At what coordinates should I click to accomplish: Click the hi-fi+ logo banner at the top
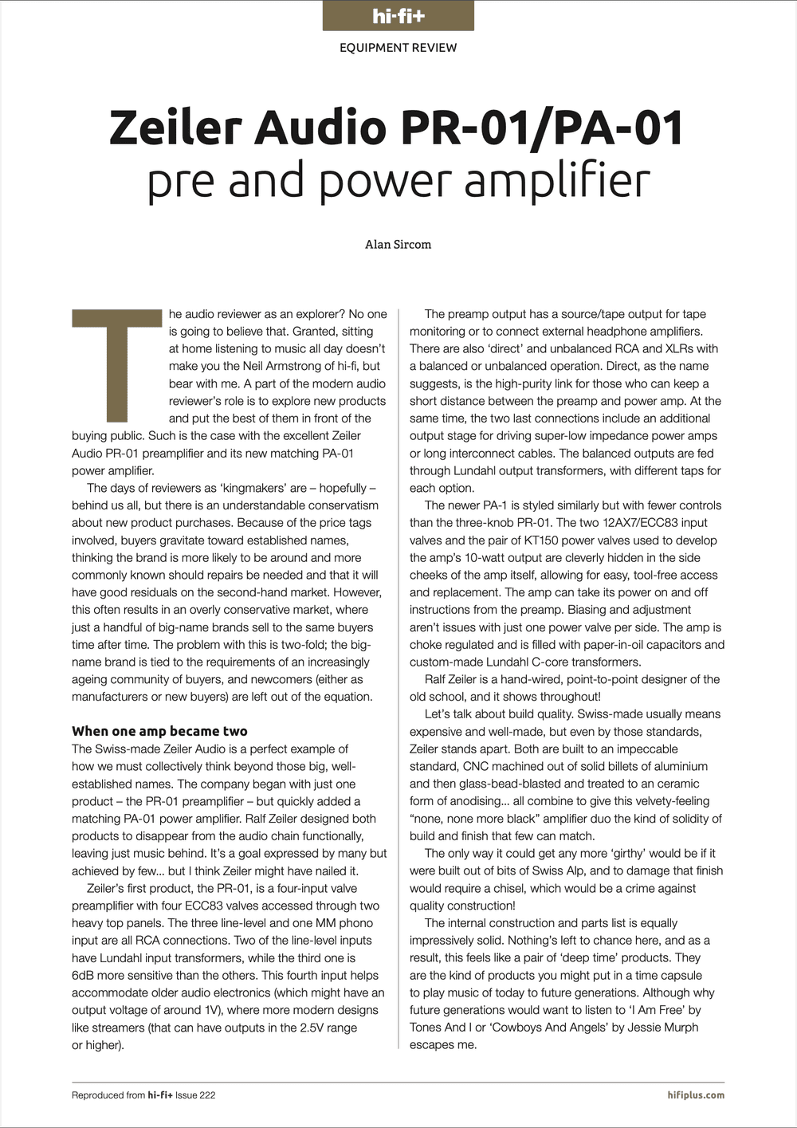coord(398,16)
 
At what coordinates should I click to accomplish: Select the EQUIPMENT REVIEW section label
coord(398,48)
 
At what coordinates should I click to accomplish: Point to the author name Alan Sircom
coord(398,245)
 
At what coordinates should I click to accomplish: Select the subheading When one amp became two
coord(159,731)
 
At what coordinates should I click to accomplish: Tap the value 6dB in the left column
coord(84,975)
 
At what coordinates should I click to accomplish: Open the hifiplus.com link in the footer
coord(696,1095)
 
